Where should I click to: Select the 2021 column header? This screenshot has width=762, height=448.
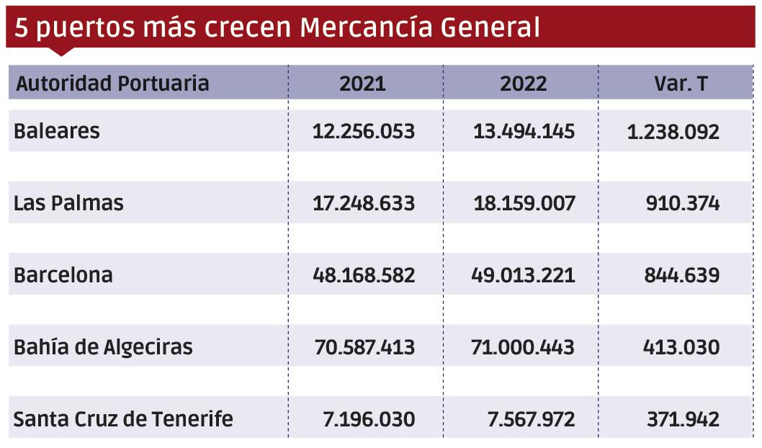pos(362,84)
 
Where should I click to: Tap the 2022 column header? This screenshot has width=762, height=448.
pos(524,84)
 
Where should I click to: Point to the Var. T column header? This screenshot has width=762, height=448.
pos(681,84)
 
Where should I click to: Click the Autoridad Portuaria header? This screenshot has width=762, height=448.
pos(112,84)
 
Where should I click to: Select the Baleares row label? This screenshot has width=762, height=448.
pos(57,132)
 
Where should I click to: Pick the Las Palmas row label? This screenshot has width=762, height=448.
pos(68,204)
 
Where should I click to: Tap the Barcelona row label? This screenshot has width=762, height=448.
pos(63,276)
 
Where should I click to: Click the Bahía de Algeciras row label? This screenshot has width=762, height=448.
pos(103,348)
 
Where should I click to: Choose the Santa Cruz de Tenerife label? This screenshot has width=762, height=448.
pos(123,419)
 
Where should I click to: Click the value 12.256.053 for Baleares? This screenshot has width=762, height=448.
pos(364,132)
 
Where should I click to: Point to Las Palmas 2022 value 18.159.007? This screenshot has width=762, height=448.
pos(524,204)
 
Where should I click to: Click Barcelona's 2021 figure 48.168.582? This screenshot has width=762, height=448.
pos(364,276)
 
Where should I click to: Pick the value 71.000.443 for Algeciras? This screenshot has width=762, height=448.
pos(524,348)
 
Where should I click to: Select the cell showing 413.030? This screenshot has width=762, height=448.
pos(681,348)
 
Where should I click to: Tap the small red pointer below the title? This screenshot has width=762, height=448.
pos(63,51)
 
